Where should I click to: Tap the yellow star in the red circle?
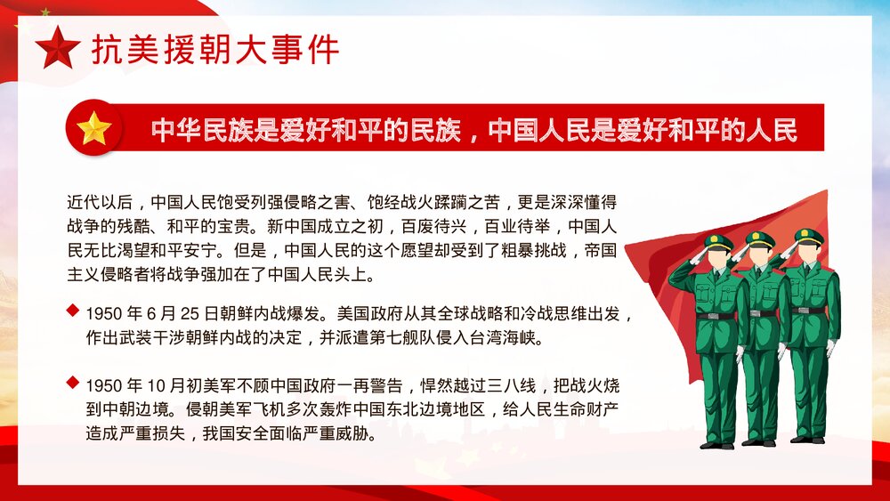click(x=93, y=130)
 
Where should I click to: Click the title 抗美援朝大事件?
click(x=214, y=49)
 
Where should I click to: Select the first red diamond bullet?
click(x=72, y=311)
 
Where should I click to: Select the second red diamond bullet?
click(x=72, y=383)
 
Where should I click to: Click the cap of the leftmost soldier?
click(x=717, y=242)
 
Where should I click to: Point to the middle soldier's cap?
click(x=759, y=239)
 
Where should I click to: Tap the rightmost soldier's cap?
click(x=808, y=237)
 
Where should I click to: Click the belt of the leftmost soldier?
click(x=716, y=316)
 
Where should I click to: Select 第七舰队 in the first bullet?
click(x=417, y=338)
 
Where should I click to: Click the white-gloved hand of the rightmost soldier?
click(x=831, y=347)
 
